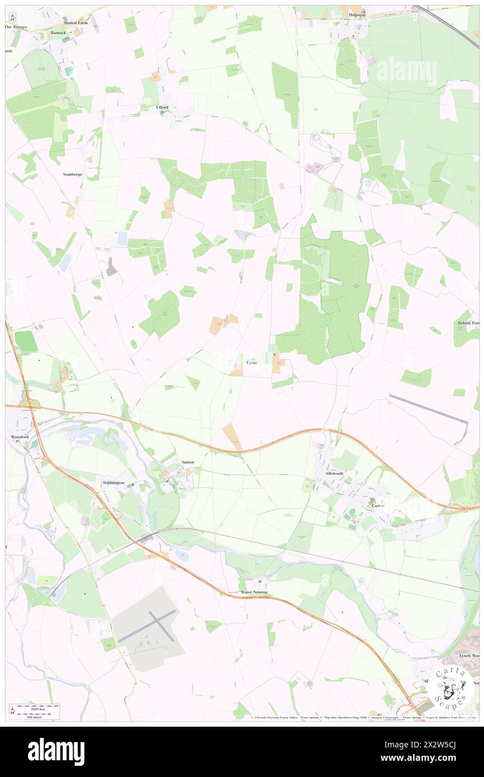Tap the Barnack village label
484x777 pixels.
[58, 33]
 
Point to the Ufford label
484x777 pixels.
[162, 107]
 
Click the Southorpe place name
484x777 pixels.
[73, 174]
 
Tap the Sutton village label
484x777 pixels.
[188, 462]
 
